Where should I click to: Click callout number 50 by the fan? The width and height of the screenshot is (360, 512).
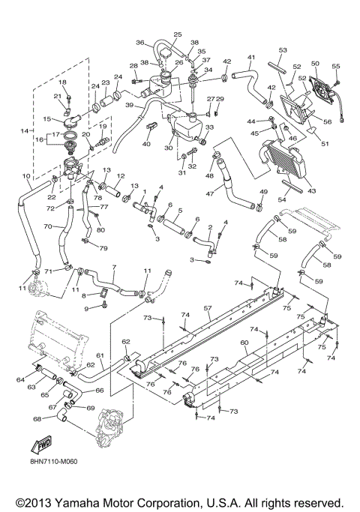pyautogui.click(x=315, y=64)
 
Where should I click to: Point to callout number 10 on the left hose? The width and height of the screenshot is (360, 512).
pyautogui.click(x=27, y=177)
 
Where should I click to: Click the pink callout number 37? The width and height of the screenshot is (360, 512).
pyautogui.click(x=207, y=59)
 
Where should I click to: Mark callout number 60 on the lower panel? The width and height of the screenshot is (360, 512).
pyautogui.click(x=244, y=343)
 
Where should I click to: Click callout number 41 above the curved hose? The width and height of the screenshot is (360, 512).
pyautogui.click(x=252, y=57)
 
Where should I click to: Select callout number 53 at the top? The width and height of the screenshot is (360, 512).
pyautogui.click(x=283, y=49)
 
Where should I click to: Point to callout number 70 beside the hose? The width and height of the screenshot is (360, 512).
pyautogui.click(x=47, y=226)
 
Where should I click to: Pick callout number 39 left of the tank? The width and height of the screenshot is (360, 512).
pyautogui.click(x=129, y=106)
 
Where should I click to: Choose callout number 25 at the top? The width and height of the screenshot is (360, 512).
pyautogui.click(x=178, y=34)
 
